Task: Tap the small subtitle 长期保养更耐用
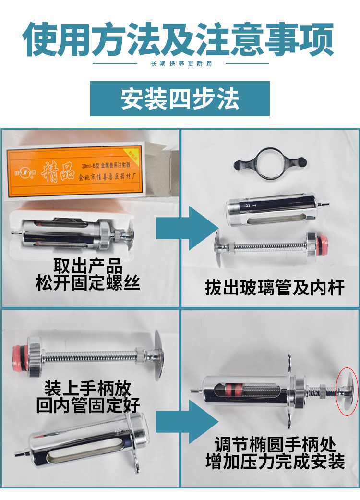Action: pyautogui.click(x=180, y=64)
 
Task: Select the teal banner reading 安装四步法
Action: pyautogui.click(x=180, y=98)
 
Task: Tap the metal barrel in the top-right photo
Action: pyautogui.click(x=271, y=209)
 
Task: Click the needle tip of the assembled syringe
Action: pyautogui.click(x=193, y=390)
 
